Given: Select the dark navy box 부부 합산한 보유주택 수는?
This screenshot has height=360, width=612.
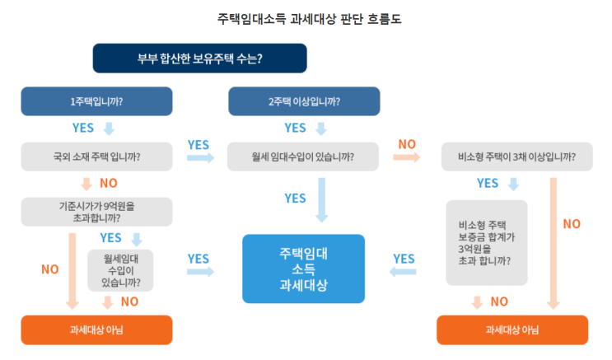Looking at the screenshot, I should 199,58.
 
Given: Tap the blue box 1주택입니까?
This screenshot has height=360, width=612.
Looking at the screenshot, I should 96,102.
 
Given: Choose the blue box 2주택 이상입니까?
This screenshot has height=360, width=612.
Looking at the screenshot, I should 304,102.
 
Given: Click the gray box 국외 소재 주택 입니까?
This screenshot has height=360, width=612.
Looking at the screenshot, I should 96,156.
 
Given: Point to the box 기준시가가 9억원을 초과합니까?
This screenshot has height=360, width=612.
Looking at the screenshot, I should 96,212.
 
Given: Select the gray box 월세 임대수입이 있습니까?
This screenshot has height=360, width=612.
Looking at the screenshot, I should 304,156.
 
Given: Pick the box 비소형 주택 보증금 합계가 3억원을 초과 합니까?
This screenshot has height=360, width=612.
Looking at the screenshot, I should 486,242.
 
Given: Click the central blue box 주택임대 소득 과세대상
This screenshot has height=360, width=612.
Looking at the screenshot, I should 304,269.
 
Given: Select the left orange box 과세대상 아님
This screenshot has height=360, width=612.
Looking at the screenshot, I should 96,330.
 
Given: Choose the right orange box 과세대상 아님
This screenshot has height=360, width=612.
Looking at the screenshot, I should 512,330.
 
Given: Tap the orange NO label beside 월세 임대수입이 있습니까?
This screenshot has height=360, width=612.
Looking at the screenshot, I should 407,144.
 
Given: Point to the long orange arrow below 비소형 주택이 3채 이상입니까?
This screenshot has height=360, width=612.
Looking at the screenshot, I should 554,239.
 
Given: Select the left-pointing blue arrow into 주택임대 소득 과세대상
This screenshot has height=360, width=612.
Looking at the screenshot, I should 404,272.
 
